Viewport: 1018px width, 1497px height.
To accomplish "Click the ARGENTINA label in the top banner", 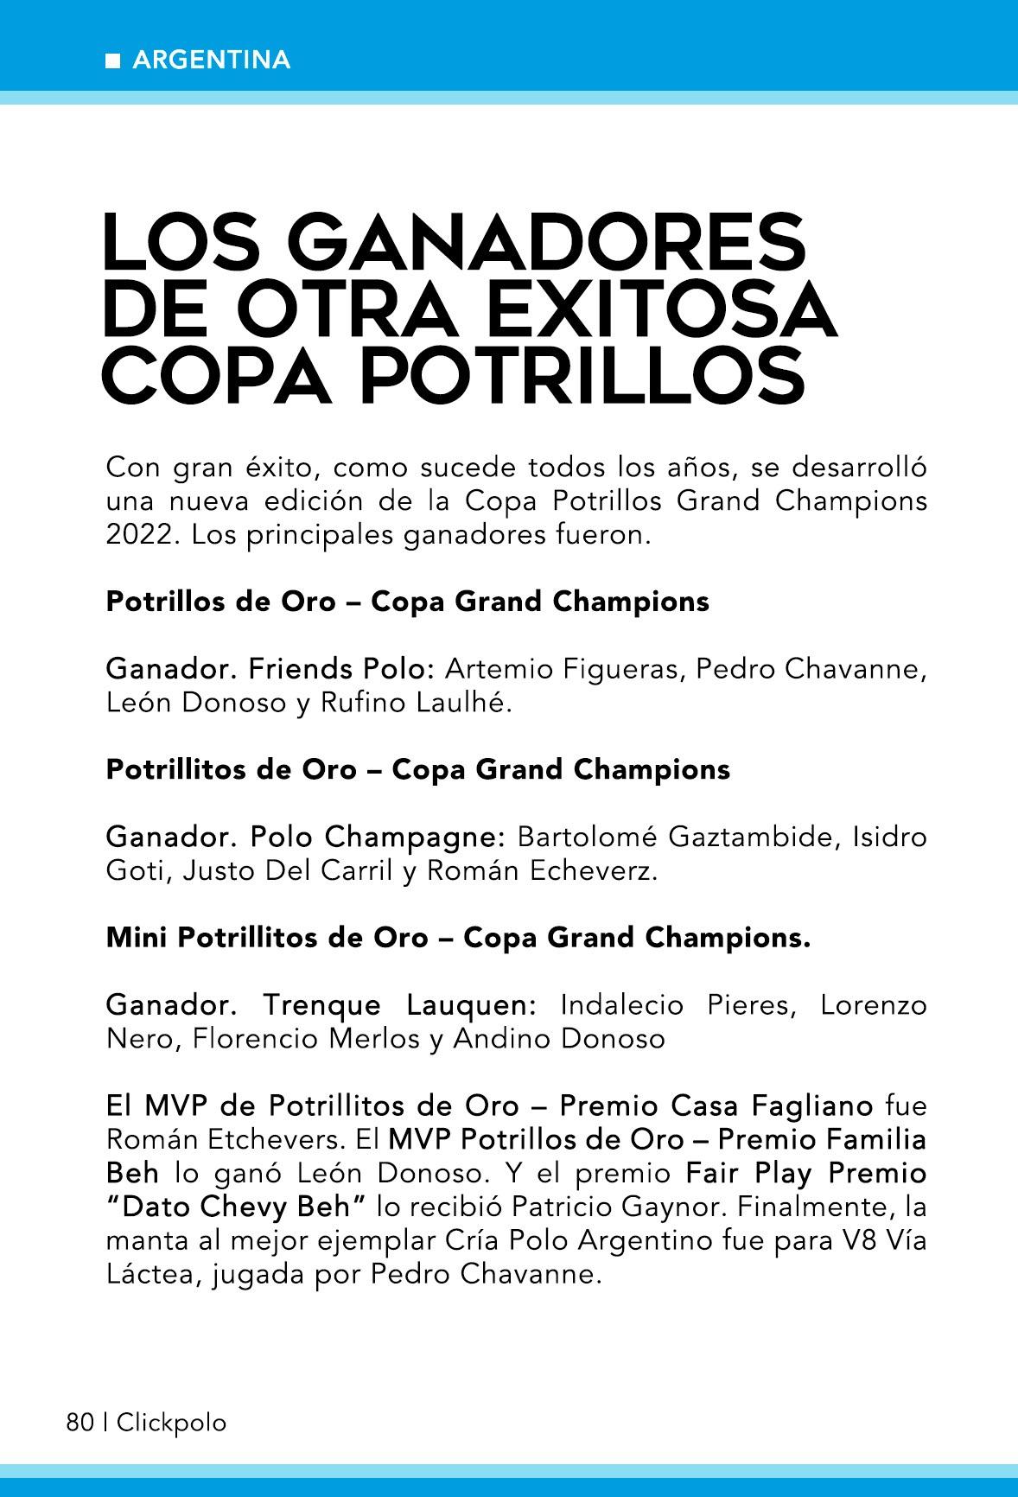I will point(212,60).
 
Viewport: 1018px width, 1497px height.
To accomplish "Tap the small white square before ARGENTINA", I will point(112,61).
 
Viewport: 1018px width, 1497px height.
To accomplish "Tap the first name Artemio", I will point(497,669).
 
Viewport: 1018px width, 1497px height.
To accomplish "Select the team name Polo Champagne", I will point(377,837).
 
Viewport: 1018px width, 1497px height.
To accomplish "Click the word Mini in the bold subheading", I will point(137,938).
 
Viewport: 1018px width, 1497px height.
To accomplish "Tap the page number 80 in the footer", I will point(80,1423).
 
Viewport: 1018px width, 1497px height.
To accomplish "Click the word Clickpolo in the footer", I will point(171,1423).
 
